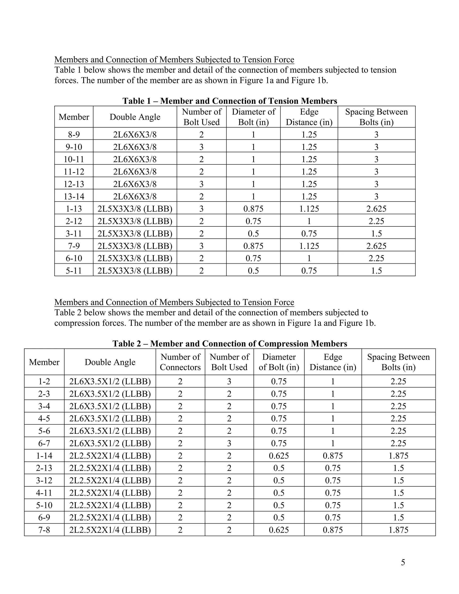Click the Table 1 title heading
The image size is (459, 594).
point(230,101)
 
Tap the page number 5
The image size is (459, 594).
point(403,562)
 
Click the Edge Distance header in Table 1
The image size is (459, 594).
point(309,117)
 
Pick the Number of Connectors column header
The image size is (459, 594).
point(180,362)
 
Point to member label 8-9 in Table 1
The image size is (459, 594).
point(74,135)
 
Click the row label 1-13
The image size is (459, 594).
point(74,209)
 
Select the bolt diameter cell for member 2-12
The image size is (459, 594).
point(253,221)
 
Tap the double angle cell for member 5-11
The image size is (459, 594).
point(135,271)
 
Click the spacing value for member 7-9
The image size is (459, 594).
point(376,246)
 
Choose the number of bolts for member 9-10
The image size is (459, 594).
point(201,147)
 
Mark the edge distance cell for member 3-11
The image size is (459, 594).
point(309,234)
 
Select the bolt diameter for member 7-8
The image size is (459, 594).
point(279,530)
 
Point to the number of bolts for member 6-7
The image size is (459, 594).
point(229,443)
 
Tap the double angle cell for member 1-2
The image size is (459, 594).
point(110,381)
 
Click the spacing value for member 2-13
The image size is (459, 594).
point(398,468)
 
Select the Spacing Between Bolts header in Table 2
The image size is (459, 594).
point(398,362)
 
